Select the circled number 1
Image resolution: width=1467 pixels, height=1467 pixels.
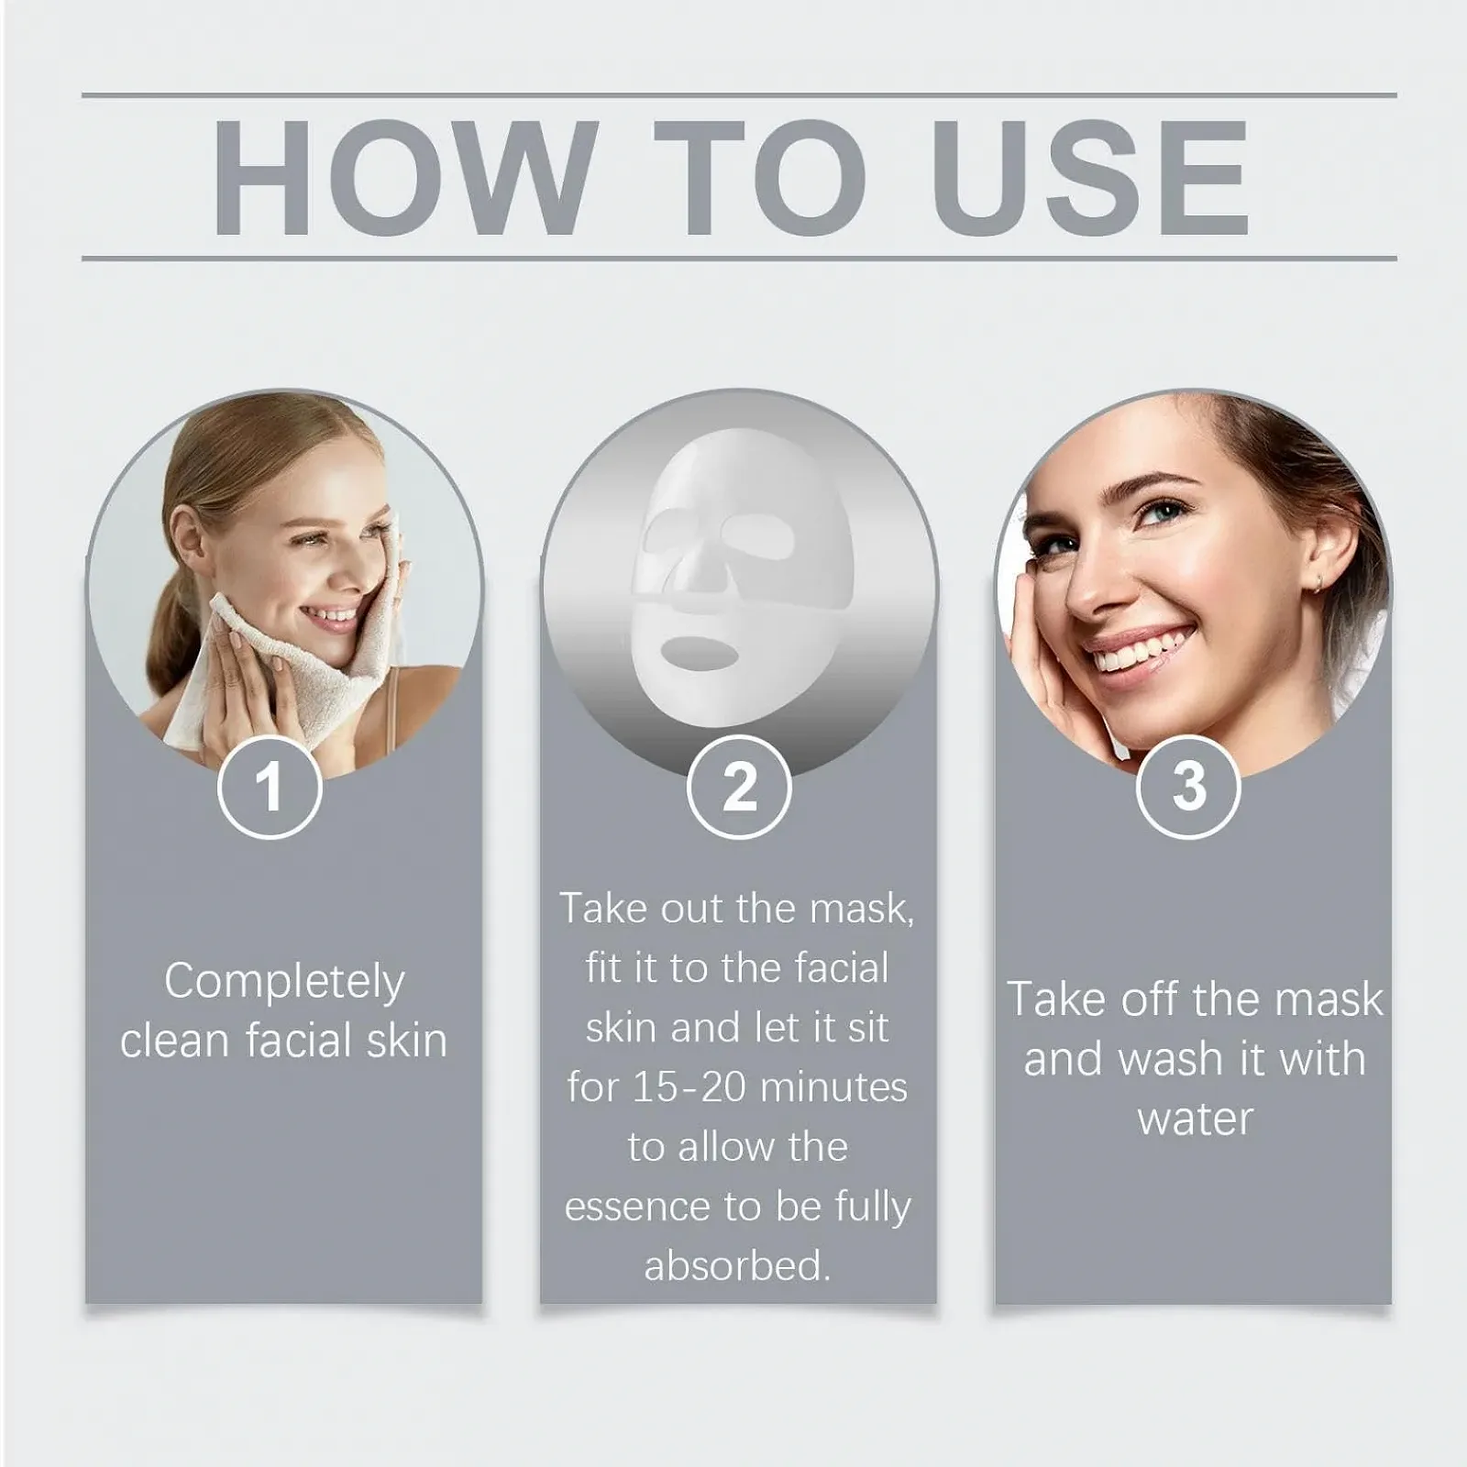270,787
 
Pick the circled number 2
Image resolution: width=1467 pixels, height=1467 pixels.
739,787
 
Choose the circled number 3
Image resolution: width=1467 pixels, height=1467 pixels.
1188,787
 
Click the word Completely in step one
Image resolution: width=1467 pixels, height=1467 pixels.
284,983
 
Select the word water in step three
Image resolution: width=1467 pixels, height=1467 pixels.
1195,1120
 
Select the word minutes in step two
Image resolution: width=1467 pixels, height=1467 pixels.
833,1087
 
